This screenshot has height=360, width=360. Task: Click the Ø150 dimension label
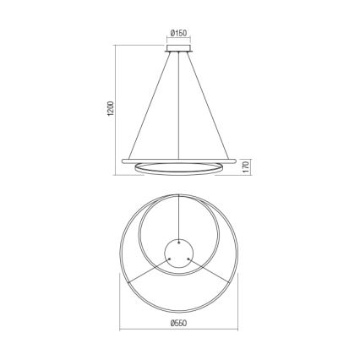click(x=177, y=34)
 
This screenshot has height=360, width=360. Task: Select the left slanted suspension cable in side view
click(x=150, y=106)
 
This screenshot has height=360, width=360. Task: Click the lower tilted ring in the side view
click(x=178, y=168)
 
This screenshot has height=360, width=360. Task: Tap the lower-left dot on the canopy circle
click(x=168, y=259)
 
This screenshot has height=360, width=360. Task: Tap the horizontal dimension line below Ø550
click(x=178, y=330)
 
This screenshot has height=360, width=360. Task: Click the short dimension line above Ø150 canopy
click(x=177, y=41)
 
